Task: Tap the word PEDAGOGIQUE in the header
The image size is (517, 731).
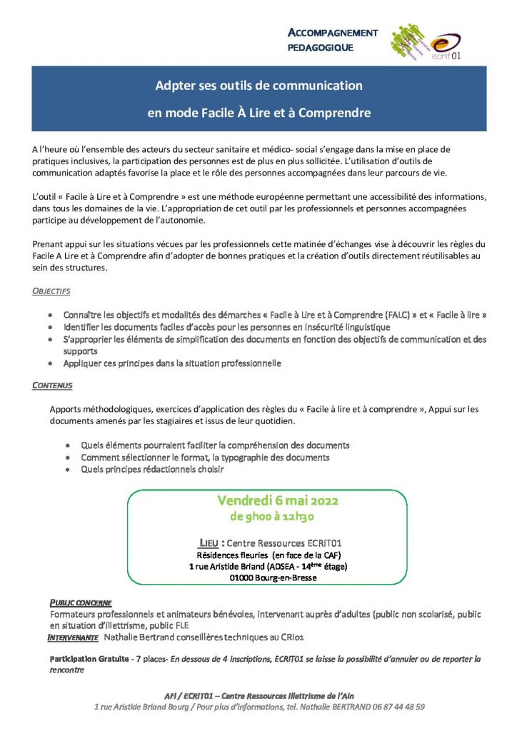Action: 320,48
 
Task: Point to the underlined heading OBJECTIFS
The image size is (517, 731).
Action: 51,291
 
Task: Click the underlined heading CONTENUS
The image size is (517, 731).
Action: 52,385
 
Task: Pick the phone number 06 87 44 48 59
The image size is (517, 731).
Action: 392,707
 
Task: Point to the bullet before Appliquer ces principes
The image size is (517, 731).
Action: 49,363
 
